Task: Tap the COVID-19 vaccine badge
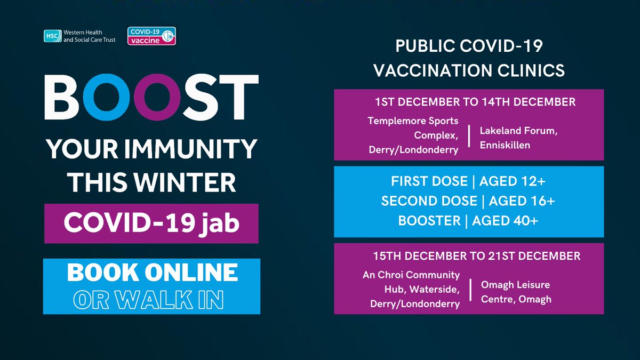click(151, 36)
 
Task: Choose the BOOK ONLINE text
click(152, 273)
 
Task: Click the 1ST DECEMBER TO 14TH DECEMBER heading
click(468, 102)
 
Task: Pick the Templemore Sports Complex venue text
click(413, 135)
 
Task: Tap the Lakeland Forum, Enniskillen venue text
click(518, 138)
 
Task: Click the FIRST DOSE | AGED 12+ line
click(468, 181)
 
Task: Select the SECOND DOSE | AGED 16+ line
click(468, 201)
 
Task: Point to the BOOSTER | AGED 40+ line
click(468, 221)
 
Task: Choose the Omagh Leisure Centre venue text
click(515, 292)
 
